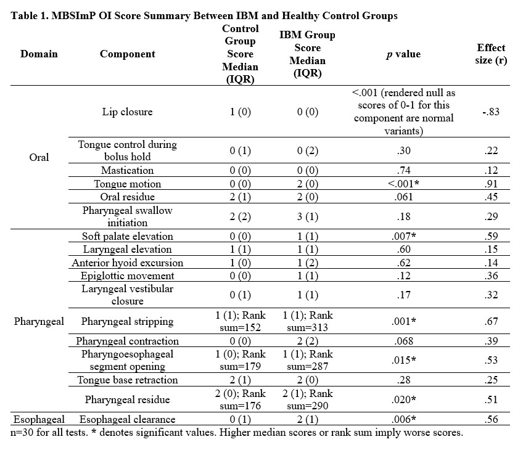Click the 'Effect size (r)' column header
coord(491,54)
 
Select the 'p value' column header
coord(403,54)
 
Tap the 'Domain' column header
coord(39,54)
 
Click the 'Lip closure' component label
coord(128,112)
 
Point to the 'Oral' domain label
coord(39,158)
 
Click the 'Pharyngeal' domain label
coord(39,321)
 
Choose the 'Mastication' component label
coord(128,171)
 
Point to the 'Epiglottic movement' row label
coord(128,276)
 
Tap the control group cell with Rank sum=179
coord(240,361)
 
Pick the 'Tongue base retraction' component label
coord(128,380)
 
